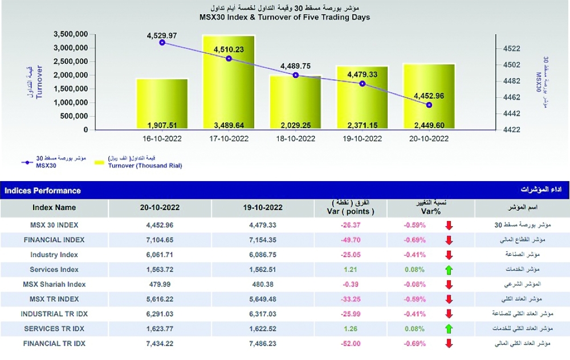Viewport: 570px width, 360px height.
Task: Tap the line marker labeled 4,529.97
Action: (x=162, y=43)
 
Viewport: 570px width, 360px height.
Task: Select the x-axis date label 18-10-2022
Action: (x=295, y=138)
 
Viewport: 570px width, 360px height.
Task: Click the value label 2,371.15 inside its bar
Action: (x=362, y=125)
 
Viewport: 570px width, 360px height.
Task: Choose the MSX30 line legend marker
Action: (x=25, y=162)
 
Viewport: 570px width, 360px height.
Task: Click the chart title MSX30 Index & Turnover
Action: (x=284, y=17)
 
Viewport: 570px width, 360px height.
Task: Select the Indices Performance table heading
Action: (x=43, y=191)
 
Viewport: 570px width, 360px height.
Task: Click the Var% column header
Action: (x=414, y=211)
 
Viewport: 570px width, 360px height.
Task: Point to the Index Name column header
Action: (x=54, y=208)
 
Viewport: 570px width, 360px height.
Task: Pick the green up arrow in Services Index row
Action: (x=449, y=269)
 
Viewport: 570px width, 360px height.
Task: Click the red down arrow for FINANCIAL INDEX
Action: (x=449, y=240)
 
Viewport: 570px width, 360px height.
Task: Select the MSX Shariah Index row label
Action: (x=54, y=284)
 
